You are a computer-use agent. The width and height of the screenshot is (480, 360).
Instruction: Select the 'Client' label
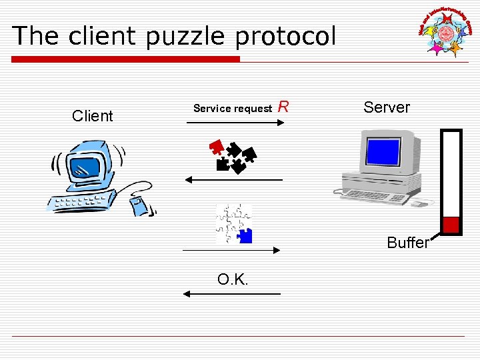[92, 116]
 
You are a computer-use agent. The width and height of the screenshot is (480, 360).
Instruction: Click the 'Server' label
[387, 107]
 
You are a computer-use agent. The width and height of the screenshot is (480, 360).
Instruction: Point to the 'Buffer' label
[408, 243]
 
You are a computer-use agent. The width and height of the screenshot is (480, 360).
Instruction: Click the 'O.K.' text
[233, 279]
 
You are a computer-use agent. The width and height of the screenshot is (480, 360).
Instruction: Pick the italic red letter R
[283, 107]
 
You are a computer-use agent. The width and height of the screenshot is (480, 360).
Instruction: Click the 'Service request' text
[233, 108]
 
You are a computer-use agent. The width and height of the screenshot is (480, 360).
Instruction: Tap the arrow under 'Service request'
[233, 123]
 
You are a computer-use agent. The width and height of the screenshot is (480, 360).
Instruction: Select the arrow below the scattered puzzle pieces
[233, 180]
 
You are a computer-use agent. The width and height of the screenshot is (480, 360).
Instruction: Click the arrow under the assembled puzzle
[231, 249]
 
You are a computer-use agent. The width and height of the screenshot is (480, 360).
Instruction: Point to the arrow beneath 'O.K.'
[232, 294]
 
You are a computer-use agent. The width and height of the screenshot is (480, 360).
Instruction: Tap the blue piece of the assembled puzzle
[245, 235]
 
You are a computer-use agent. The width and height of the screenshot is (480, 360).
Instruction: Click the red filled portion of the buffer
[451, 225]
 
